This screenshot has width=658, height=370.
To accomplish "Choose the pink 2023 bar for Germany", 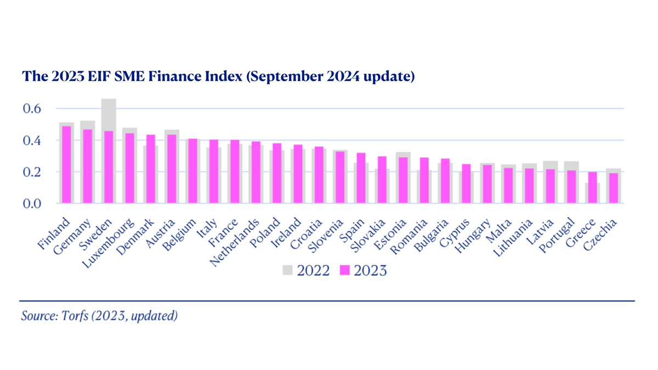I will (x=87, y=167).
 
